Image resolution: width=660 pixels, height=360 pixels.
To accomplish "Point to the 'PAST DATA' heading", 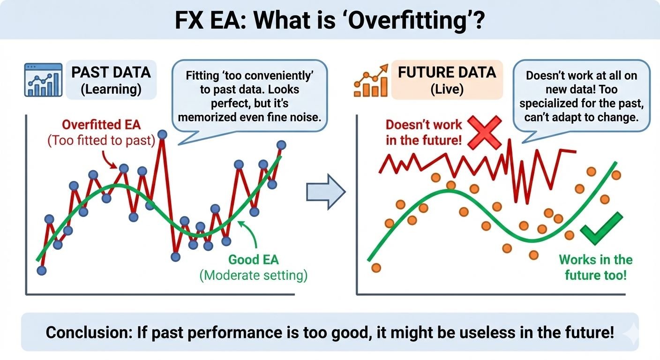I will [111, 72].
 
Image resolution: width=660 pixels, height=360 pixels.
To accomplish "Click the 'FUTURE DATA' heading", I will [446, 72].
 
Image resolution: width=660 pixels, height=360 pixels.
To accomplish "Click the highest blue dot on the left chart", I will [162, 135].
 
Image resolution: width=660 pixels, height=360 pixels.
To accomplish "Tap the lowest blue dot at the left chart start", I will [41, 270].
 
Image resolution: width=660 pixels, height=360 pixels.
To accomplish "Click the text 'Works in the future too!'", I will [595, 267].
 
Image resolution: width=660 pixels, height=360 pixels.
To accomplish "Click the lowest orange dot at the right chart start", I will [375, 268].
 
